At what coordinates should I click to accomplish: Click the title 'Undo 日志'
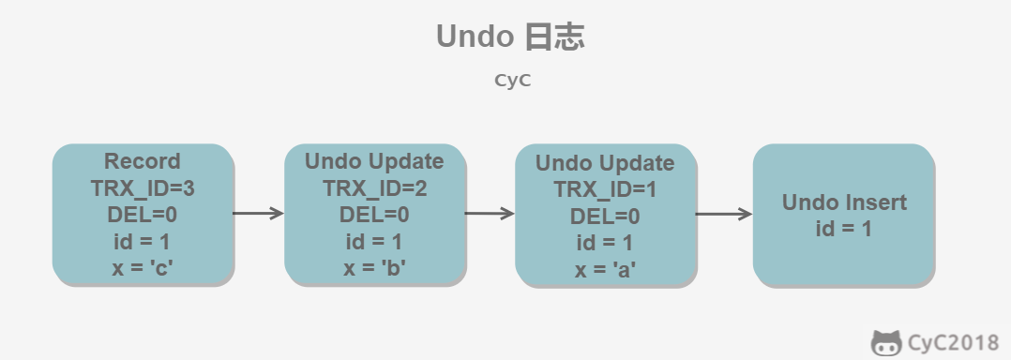click(510, 36)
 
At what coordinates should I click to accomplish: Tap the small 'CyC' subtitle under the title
click(513, 81)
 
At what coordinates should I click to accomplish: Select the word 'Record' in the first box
click(143, 161)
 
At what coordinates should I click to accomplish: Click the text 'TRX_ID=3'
click(143, 188)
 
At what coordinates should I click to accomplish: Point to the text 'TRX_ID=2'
click(374, 188)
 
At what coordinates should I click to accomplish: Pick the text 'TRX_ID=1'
click(605, 190)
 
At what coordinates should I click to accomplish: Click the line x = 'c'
click(143, 267)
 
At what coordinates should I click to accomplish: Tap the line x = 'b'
click(374, 267)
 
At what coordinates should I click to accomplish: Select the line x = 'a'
click(606, 269)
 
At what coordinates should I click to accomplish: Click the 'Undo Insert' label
click(844, 202)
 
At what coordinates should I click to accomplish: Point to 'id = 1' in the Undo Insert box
click(844, 229)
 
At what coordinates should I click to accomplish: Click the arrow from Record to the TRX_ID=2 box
click(258, 213)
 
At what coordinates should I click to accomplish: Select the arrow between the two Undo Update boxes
click(490, 213)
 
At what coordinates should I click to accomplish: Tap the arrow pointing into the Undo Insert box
click(723, 214)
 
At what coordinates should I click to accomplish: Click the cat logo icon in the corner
click(886, 342)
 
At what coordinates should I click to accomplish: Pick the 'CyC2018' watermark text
click(953, 342)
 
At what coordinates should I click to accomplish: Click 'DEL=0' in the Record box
click(143, 215)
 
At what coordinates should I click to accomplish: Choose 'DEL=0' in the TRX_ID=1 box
click(605, 217)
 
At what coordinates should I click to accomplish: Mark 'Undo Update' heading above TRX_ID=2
click(374, 161)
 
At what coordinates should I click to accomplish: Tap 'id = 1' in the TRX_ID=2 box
click(374, 242)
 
